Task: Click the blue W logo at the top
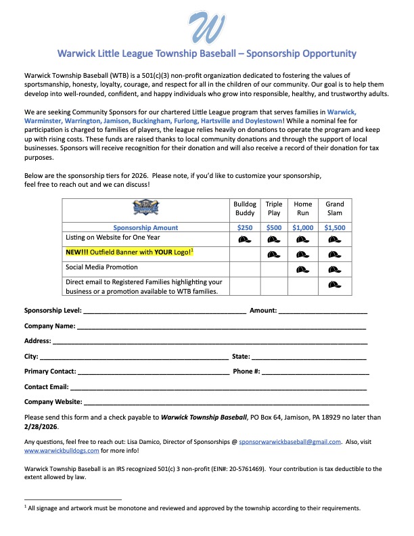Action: click(x=207, y=26)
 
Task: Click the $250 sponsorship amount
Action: click(x=246, y=228)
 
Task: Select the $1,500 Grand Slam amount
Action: click(x=335, y=228)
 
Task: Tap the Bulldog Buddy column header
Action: click(x=246, y=208)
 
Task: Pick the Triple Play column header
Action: click(x=274, y=208)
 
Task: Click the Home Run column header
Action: click(x=302, y=208)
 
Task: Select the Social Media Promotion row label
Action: click(x=101, y=267)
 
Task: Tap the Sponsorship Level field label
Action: click(x=53, y=311)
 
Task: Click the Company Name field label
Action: click(x=49, y=326)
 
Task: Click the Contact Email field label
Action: click(x=46, y=387)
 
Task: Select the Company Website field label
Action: click(x=52, y=403)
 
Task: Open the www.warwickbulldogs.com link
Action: click(x=62, y=450)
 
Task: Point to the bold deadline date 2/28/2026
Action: click(x=41, y=428)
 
